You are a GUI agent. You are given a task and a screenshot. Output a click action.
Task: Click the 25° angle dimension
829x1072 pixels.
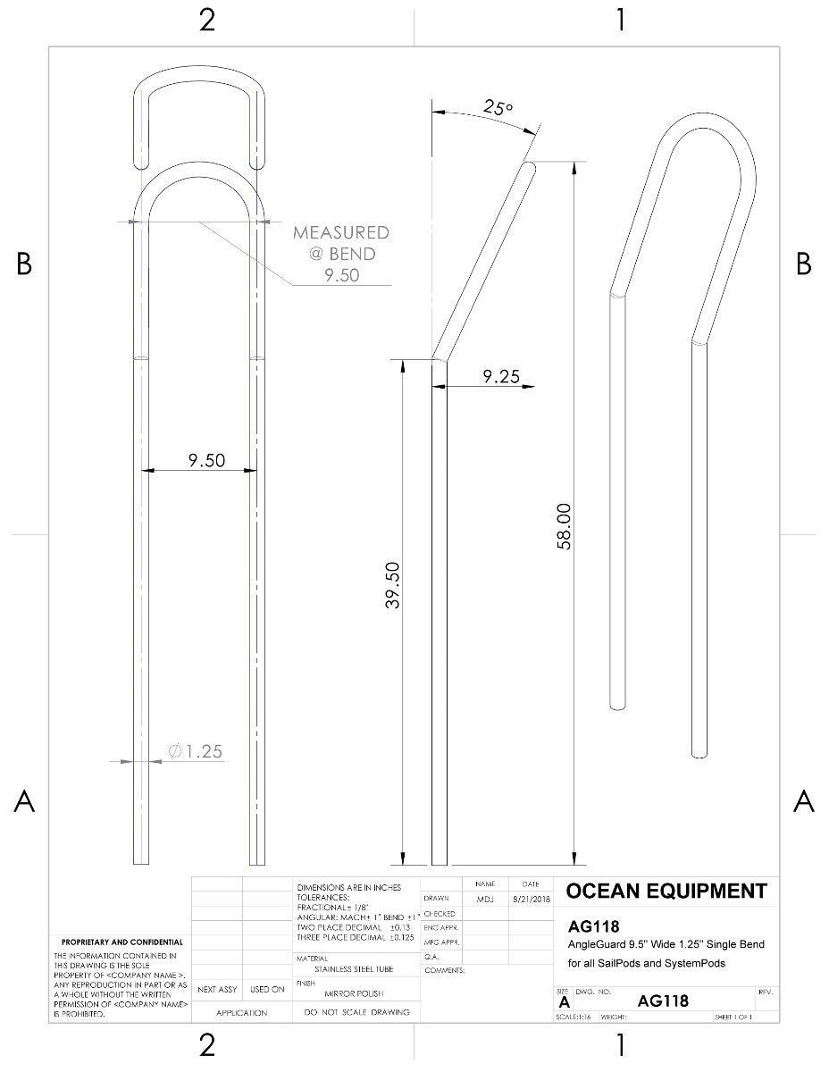tap(498, 108)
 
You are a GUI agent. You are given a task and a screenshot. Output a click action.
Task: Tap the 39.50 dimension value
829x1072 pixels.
tap(392, 586)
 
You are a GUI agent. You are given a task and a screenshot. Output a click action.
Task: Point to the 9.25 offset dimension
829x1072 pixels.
tap(501, 377)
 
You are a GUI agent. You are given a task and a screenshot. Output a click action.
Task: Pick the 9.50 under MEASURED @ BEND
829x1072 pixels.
tap(342, 275)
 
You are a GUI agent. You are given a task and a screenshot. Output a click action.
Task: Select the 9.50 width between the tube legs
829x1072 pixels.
tap(206, 460)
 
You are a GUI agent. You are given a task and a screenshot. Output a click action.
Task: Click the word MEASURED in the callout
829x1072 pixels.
tap(341, 233)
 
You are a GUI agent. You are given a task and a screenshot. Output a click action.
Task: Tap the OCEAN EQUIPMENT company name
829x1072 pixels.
tap(666, 891)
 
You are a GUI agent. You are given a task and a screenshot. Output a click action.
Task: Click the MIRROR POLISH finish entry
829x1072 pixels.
tap(355, 993)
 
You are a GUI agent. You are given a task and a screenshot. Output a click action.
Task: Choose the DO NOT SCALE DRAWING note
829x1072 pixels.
tap(356, 1012)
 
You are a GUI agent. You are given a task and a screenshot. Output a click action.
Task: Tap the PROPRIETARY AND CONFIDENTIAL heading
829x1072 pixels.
tap(121, 942)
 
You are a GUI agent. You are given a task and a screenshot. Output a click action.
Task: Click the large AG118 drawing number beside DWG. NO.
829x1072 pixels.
tap(664, 1001)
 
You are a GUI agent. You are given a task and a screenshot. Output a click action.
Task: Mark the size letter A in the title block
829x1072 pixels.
tap(563, 1002)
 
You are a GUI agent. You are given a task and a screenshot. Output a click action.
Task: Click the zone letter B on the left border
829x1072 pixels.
tap(24, 264)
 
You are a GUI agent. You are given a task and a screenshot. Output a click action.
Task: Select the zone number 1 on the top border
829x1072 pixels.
tap(620, 20)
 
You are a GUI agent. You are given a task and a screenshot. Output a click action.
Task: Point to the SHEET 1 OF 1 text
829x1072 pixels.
tap(733, 1017)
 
